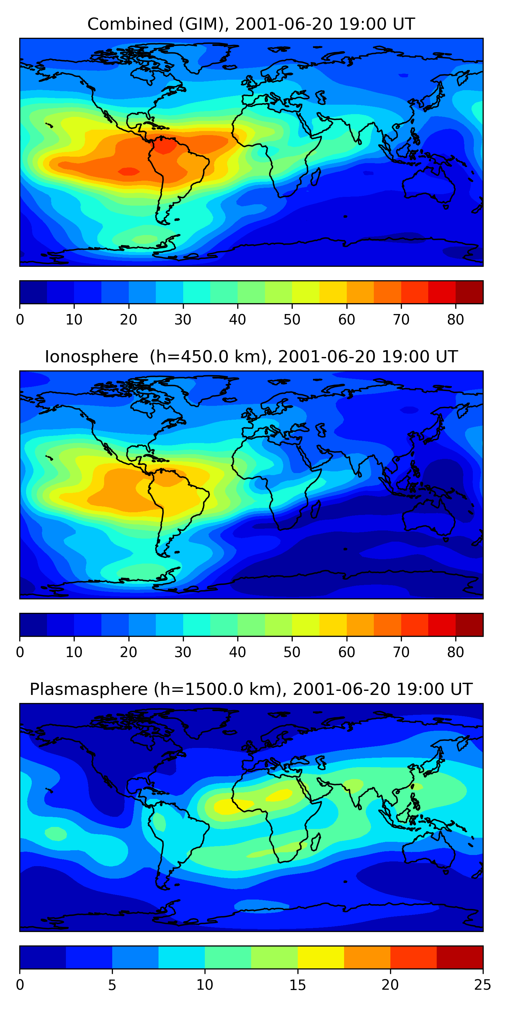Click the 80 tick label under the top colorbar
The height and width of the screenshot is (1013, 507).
tap(455, 320)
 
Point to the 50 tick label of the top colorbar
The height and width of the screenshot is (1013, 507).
tap(292, 320)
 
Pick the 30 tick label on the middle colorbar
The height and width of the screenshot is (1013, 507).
tap(183, 652)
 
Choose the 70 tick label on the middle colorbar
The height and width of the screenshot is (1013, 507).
tap(401, 652)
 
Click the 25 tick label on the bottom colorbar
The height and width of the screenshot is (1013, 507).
tap(483, 985)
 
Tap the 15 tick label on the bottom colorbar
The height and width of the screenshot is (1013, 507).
tap(297, 985)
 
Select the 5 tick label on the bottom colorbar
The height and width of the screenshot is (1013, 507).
tap(112, 985)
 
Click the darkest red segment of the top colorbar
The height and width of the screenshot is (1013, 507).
tap(469, 292)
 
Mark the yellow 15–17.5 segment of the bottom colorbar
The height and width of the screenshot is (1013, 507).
tap(321, 958)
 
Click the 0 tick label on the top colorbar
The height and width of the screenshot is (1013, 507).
tap(20, 320)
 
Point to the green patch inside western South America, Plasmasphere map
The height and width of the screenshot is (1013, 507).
tap(159, 822)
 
